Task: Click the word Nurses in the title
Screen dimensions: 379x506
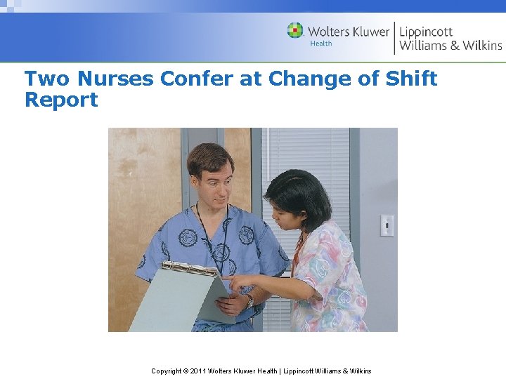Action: coord(115,79)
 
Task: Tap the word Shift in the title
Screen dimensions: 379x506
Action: coord(411,79)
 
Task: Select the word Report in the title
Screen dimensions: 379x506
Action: coord(61,100)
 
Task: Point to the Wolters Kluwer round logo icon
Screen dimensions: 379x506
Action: coord(295,31)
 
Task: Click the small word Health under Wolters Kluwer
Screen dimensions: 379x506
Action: coord(320,44)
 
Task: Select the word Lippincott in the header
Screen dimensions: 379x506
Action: coord(426,32)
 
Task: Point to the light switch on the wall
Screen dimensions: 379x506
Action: coord(387,225)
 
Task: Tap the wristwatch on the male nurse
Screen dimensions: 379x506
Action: coord(249,300)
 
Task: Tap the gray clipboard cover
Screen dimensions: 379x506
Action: coord(169,302)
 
